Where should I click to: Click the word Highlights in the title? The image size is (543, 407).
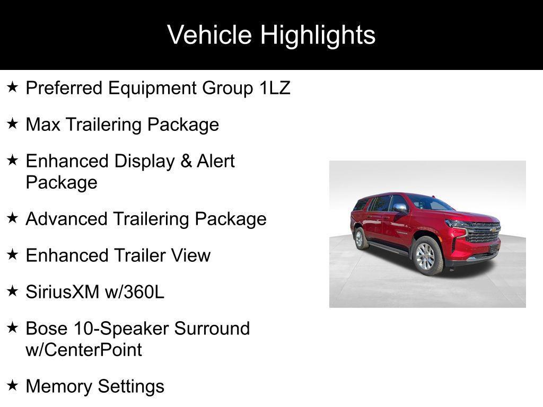click(318, 36)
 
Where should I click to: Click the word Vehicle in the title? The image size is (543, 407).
click(209, 35)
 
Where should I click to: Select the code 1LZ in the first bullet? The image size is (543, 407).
click(275, 88)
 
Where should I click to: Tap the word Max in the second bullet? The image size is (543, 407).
click(41, 125)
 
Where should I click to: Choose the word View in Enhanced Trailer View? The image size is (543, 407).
click(190, 255)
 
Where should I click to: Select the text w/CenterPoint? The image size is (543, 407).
click(84, 350)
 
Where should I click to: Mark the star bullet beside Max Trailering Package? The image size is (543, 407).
click(13, 124)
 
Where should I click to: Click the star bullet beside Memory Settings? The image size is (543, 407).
click(13, 385)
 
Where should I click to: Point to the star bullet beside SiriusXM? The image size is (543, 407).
click(13, 290)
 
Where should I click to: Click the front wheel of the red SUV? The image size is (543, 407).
click(427, 256)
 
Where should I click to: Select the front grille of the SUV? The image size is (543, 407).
click(483, 233)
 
